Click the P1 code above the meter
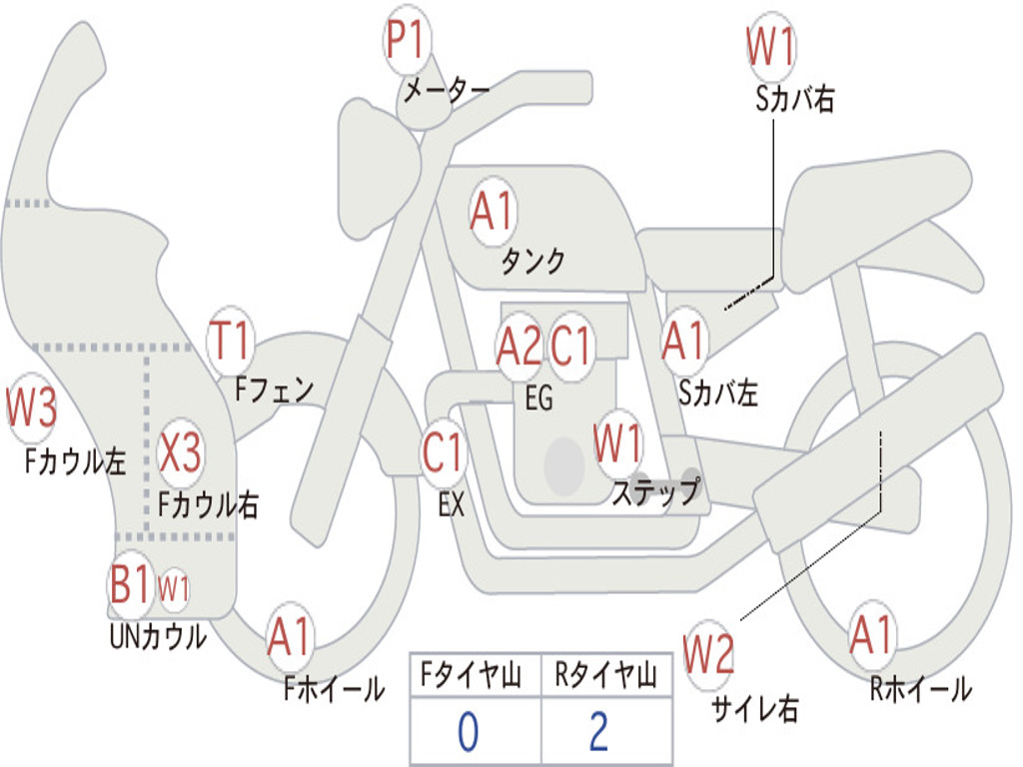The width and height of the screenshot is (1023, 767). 406,39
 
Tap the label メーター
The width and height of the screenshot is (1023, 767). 447,90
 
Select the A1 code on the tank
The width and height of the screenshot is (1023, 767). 493,211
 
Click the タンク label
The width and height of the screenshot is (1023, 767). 532,261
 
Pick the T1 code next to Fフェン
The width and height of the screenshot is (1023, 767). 229,340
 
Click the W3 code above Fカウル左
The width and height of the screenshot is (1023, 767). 31,406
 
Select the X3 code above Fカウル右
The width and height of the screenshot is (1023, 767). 181,452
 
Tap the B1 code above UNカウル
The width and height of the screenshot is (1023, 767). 129,582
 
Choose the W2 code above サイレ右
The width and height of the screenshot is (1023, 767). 708,654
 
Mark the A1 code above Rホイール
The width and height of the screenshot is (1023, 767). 870,634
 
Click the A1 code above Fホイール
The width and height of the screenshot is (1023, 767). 289,636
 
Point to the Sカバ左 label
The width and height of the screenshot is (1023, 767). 717,393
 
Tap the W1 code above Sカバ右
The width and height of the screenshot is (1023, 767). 771,47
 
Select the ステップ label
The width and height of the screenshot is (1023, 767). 655,491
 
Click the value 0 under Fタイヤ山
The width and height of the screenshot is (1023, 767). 469,732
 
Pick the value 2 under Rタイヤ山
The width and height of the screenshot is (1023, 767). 599,732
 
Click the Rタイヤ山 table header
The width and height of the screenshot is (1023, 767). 606,675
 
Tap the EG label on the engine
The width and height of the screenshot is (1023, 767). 538,397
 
